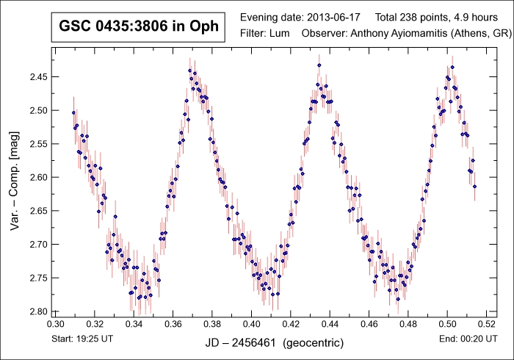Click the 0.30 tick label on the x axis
55,323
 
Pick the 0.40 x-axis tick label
251,323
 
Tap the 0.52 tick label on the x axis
486,323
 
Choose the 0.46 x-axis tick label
369,323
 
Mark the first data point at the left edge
73,112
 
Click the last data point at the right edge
475,187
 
